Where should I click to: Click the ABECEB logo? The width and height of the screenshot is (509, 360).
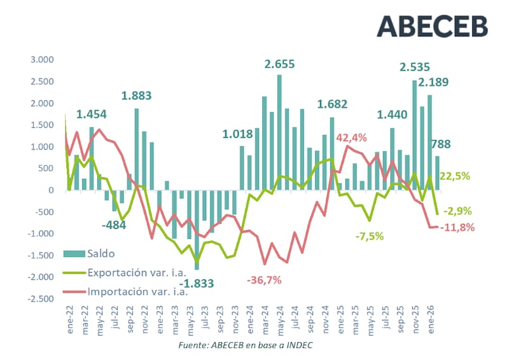click(432, 25)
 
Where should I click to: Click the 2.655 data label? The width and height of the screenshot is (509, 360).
click(281, 64)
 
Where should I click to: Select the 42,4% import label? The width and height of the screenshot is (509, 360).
click(352, 137)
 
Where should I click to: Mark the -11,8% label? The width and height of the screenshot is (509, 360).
click(458, 227)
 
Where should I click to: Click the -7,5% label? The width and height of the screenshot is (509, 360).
click(370, 236)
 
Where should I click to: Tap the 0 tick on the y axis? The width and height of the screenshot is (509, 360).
click(52, 190)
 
